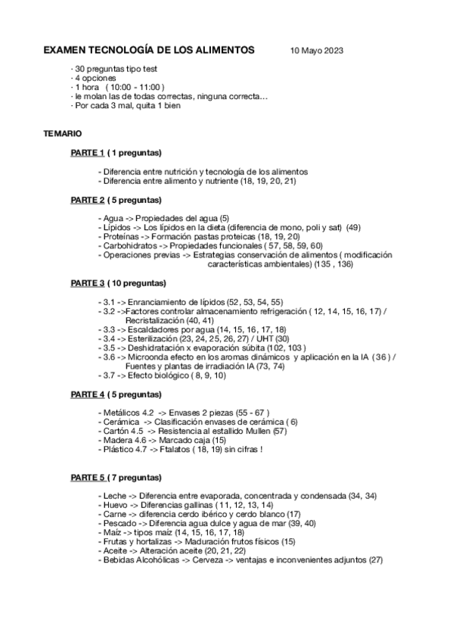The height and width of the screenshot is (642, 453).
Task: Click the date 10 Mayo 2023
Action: [317, 51]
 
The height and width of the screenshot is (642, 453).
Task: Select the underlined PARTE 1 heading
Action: [87, 153]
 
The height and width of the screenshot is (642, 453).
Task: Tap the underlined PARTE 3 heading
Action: [87, 283]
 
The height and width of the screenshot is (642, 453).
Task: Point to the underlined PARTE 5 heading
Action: [87, 478]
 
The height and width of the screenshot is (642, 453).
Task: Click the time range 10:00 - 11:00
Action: [141, 88]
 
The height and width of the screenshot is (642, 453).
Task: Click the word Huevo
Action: [114, 504]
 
